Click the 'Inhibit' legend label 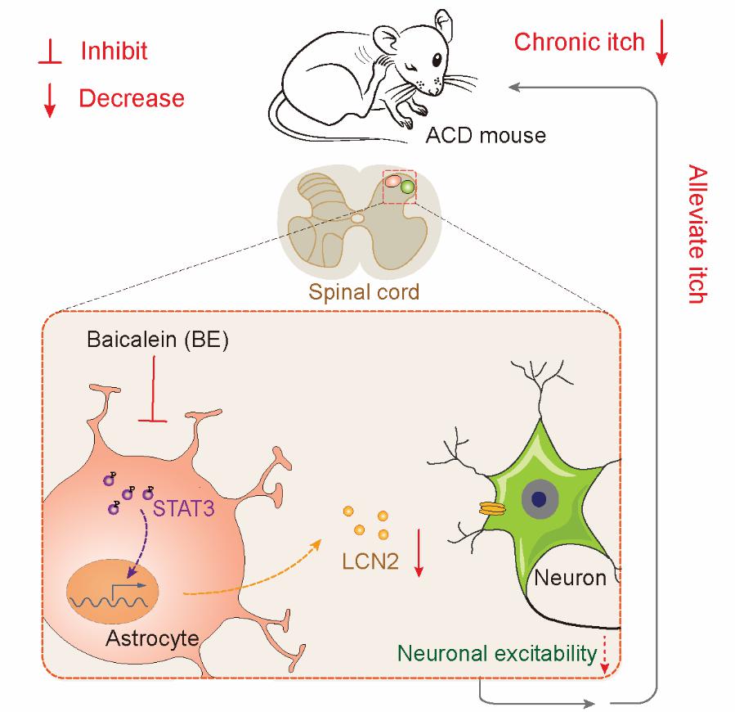coord(114,51)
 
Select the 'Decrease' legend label coord(131,98)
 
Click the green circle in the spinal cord coord(407,187)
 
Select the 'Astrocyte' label coord(152,637)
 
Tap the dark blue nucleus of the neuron coord(539,498)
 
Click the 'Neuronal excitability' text coord(496,653)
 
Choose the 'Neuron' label coord(570,578)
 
